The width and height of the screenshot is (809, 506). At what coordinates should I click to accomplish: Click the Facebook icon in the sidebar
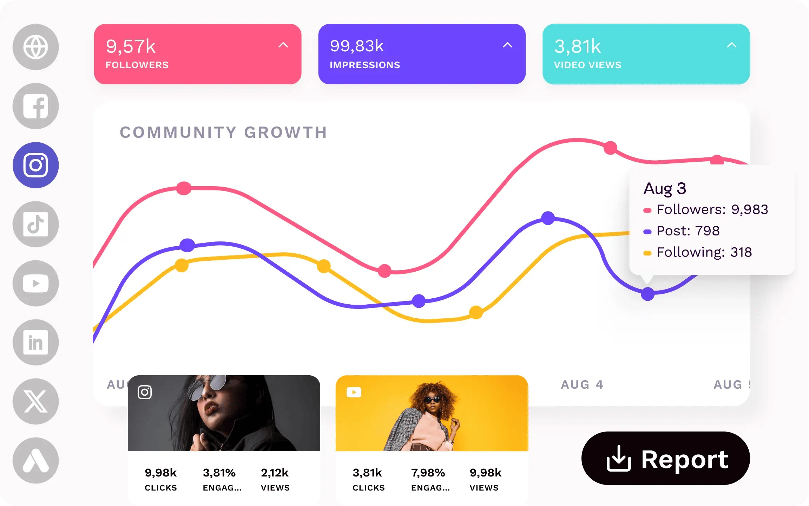tap(35, 106)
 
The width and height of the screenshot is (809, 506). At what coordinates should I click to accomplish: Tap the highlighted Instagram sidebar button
tap(35, 165)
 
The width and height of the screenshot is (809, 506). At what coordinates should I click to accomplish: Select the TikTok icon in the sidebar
tap(35, 224)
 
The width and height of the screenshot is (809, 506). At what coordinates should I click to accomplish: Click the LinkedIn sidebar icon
tap(35, 342)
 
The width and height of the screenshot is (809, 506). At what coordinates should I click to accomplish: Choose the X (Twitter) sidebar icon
tap(35, 401)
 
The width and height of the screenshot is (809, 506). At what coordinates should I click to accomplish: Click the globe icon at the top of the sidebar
tap(35, 47)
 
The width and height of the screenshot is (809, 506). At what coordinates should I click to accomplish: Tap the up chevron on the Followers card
tap(283, 45)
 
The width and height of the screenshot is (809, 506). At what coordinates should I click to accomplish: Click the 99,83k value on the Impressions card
tap(357, 46)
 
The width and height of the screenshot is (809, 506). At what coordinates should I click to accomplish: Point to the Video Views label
tap(587, 65)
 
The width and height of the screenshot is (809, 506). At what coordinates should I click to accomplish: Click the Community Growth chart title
tap(223, 132)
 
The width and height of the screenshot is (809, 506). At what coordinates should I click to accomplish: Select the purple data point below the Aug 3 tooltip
tap(647, 294)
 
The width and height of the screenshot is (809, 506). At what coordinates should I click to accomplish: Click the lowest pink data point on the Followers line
tap(384, 271)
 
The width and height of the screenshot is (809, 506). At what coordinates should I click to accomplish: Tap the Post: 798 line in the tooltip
tap(688, 231)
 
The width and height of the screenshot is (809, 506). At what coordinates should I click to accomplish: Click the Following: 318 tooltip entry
tap(704, 252)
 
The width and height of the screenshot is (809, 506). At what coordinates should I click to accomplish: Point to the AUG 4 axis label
tap(582, 384)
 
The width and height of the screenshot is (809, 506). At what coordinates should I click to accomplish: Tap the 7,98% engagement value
tap(428, 473)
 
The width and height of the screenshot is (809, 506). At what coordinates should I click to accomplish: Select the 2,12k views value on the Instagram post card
tap(275, 473)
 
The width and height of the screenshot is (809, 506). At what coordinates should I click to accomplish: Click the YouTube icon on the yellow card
tap(354, 392)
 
